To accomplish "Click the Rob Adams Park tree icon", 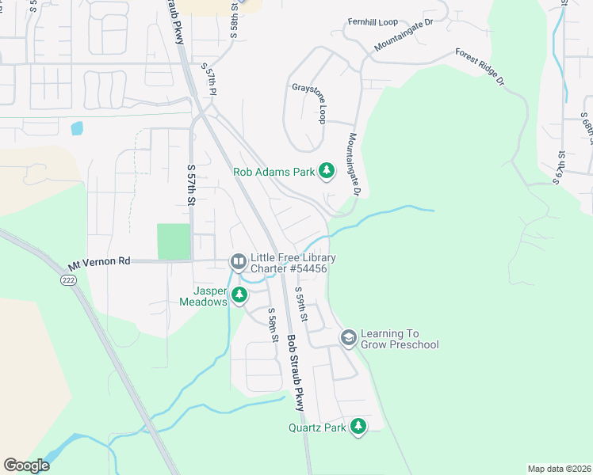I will tap(326, 171).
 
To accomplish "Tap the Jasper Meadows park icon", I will tap(239, 296).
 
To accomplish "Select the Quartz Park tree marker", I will tap(358, 427).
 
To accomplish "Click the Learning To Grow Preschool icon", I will tap(348, 338).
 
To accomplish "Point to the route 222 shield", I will tap(67, 279).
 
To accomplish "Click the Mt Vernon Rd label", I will tap(99, 261).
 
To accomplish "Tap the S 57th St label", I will tap(191, 185).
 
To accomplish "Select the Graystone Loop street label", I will tap(309, 103).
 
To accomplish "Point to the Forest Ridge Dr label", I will tap(480, 67).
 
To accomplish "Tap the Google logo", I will tap(26, 465).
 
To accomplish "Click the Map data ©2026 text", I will tap(559, 469).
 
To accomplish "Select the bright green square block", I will tap(174, 241).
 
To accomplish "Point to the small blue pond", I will tap(77, 127).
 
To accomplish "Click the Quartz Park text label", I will tap(317, 428).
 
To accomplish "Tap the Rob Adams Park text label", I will tap(274, 172).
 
